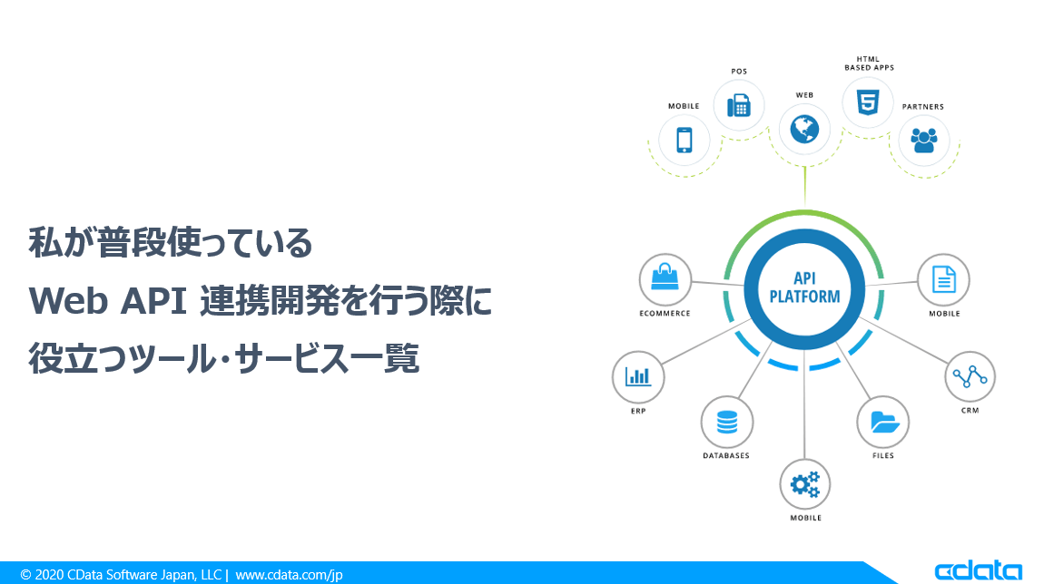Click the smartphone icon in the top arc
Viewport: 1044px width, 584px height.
click(684, 140)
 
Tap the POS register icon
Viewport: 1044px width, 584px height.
click(738, 105)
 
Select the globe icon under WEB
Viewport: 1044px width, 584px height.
click(804, 129)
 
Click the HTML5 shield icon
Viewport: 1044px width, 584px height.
click(868, 102)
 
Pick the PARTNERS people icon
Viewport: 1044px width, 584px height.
click(923, 140)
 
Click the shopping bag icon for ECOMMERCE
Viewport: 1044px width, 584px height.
click(665, 277)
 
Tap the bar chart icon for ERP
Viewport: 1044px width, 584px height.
click(638, 377)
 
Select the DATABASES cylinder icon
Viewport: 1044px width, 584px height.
click(726, 422)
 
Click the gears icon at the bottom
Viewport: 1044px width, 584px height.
click(804, 484)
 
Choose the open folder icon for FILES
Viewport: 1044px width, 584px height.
click(884, 422)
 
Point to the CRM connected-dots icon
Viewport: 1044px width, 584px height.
click(970, 377)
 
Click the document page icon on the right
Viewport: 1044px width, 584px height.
click(943, 279)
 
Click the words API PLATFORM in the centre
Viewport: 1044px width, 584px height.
click(804, 287)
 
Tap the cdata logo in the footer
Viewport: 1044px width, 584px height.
click(978, 570)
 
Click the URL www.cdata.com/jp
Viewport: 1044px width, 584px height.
click(289, 575)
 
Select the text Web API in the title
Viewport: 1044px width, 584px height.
click(108, 301)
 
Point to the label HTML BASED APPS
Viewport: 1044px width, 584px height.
click(869, 63)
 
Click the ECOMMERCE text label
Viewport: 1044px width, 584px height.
click(665, 313)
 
